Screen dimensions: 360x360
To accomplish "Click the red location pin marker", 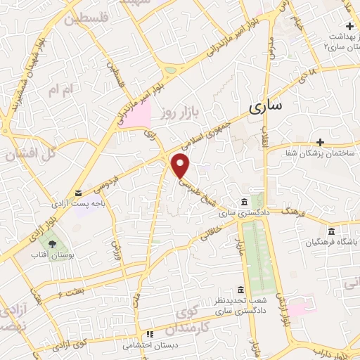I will pyautogui.click(x=181, y=165).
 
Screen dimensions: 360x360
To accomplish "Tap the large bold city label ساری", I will pyautogui.click(x=264, y=106).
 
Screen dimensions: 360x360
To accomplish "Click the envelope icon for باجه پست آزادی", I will pyautogui.click(x=79, y=193).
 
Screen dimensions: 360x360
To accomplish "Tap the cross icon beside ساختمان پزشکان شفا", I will pyautogui.click(x=320, y=143).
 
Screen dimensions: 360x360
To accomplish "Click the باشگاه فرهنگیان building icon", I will pyautogui.click(x=331, y=231).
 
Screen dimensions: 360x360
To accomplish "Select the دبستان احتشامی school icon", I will pyautogui.click(x=148, y=335).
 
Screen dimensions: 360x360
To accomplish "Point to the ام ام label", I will pyautogui.click(x=58, y=91).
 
